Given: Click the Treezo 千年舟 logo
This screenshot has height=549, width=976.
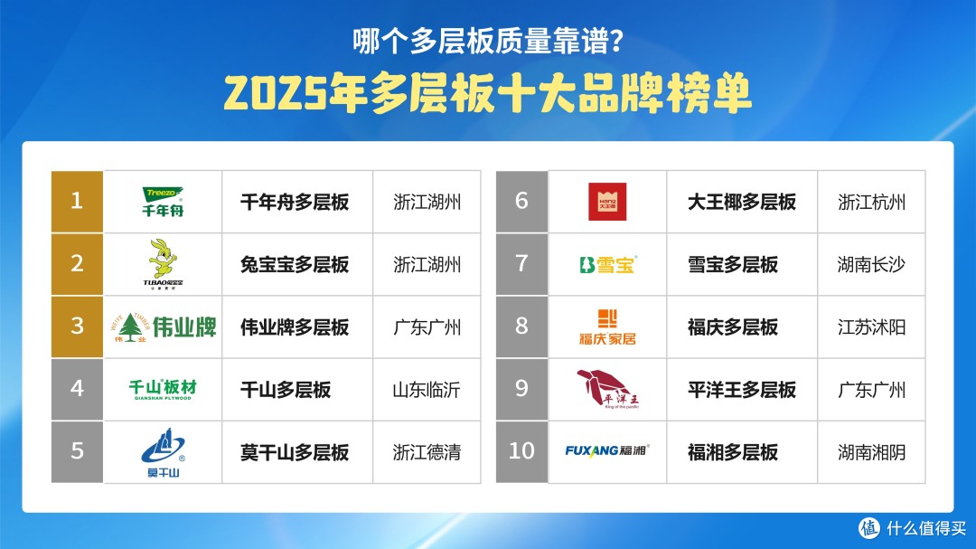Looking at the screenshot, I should (x=163, y=202).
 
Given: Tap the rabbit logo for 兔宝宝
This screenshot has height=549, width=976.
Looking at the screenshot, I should (x=163, y=264).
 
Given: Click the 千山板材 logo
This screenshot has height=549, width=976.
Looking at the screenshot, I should (x=163, y=389).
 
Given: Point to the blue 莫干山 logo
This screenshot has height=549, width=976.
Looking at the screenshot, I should (x=163, y=451).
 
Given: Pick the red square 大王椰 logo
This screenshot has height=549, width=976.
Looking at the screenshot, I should (x=607, y=202).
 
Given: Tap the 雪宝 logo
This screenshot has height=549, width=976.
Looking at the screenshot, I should (x=607, y=264).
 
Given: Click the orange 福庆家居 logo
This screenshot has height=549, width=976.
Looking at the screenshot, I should (x=607, y=327).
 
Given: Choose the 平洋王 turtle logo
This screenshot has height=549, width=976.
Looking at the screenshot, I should (x=607, y=389).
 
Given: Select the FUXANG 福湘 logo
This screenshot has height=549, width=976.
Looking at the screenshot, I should (x=607, y=450).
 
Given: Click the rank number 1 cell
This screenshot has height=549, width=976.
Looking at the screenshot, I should (x=77, y=202).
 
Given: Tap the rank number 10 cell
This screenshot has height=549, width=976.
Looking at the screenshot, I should (x=521, y=451).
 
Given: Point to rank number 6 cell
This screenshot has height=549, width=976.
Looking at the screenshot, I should (x=521, y=202).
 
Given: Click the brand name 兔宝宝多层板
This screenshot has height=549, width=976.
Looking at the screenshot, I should (x=295, y=264).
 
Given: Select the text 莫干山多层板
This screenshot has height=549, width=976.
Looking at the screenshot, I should (x=295, y=451).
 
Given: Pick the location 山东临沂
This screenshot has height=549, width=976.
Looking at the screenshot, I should (x=427, y=390).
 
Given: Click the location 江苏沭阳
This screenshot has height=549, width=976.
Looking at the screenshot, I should (x=871, y=327).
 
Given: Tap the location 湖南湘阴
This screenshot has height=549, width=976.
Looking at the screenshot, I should (x=871, y=451).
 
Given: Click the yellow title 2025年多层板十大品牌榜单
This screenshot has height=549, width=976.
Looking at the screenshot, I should (x=488, y=92).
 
